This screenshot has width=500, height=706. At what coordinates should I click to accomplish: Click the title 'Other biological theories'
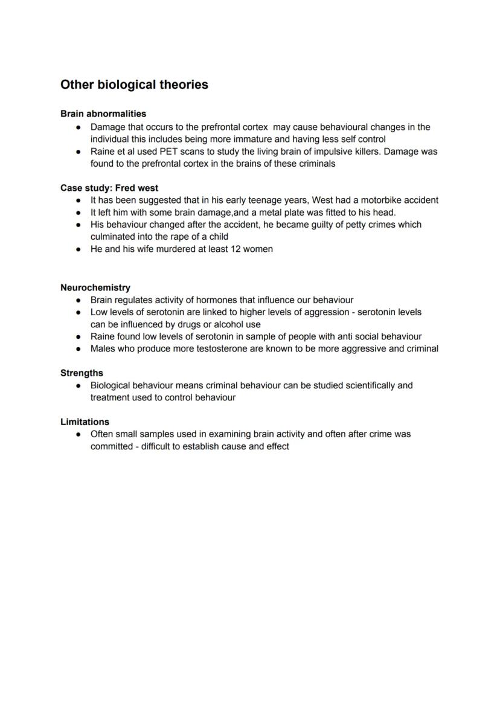tap(134, 85)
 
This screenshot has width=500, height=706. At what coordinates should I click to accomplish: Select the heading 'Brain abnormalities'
tap(103, 114)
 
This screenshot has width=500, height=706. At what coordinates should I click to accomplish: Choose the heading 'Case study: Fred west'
tap(109, 188)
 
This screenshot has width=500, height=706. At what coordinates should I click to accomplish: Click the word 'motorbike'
tap(381, 200)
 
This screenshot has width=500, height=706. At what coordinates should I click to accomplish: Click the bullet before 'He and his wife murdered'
tap(79, 249)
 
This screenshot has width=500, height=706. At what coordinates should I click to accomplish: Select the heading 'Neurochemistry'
tap(95, 287)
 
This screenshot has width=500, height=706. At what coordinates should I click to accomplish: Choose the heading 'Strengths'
tap(82, 373)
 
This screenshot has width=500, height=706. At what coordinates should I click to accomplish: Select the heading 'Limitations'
tap(85, 422)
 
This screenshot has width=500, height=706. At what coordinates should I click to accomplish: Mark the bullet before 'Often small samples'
tap(79, 434)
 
